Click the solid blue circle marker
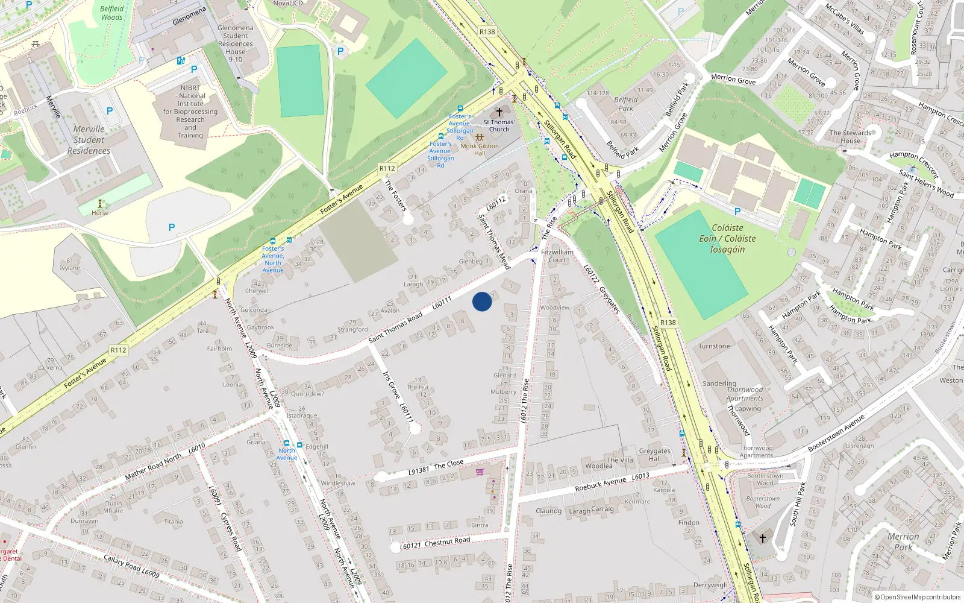pos(482,301)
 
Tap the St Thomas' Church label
pos(499,125)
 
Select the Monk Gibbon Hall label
pos(480,149)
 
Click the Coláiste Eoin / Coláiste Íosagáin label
pos(727,238)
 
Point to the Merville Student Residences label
pos(89,140)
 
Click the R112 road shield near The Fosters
pos(387,169)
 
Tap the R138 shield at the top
pos(487,32)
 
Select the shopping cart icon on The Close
pos(480,472)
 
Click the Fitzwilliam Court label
pos(557,256)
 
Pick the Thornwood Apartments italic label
pos(745,394)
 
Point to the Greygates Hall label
pos(654,455)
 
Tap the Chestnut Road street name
pos(447,542)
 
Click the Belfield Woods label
pos(111,13)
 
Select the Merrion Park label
pos(903,541)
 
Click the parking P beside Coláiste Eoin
pos(737,212)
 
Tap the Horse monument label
pos(100,213)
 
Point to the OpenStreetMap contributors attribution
pos(918,597)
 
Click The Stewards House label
pos(850,137)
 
